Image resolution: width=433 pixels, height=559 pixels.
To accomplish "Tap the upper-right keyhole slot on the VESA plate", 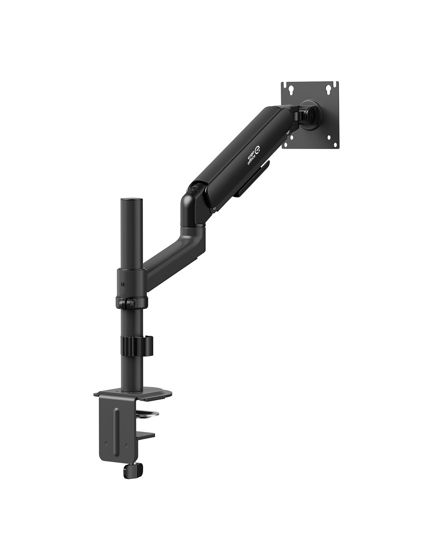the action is click(x=329, y=89).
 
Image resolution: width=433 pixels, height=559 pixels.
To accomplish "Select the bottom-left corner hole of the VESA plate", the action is click(x=292, y=138).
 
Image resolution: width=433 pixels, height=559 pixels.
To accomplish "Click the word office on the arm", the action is click(x=252, y=160).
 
